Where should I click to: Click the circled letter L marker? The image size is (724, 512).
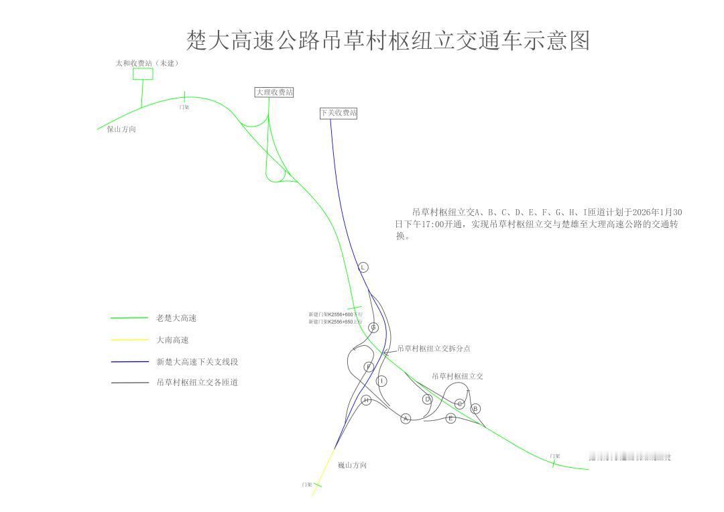363,267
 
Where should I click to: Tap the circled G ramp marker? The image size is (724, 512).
373,328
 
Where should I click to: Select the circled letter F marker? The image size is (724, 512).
369,367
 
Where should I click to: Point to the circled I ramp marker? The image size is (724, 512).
382,381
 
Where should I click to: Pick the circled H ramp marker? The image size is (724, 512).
367,400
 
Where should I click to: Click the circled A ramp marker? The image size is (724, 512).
406,419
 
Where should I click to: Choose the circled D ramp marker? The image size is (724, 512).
427,399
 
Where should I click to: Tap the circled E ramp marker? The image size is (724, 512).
450,418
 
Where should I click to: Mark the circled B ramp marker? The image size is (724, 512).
476,408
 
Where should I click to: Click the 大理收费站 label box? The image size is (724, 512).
274,92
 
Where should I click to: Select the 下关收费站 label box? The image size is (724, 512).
339,113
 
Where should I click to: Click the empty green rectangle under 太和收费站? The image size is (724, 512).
143,74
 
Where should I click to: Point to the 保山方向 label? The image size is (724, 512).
121,129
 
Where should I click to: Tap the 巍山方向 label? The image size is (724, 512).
352,464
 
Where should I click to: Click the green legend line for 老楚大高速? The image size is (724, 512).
129,318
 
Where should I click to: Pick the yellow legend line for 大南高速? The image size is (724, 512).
129,340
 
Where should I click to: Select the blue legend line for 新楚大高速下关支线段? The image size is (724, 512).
129,362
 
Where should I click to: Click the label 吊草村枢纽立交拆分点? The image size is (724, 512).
434,348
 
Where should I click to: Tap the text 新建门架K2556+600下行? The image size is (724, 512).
335,314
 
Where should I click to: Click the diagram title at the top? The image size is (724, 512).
388,40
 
